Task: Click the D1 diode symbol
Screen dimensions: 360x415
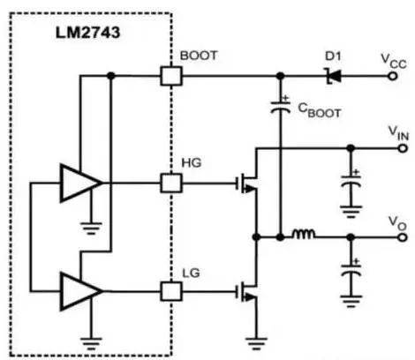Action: (333, 77)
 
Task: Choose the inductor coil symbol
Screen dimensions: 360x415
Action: (304, 236)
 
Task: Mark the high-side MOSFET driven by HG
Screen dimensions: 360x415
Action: (247, 183)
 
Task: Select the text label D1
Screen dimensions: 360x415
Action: (333, 56)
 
